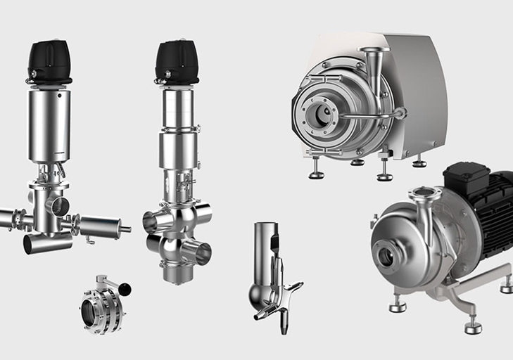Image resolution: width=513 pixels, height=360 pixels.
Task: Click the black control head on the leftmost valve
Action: pyautogui.click(x=49, y=62)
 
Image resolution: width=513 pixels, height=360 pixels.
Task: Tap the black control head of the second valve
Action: pyautogui.click(x=176, y=62)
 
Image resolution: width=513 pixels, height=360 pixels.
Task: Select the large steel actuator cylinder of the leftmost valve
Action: pyautogui.click(x=49, y=125)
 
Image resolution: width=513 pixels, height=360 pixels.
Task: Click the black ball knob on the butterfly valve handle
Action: pyautogui.click(x=125, y=288)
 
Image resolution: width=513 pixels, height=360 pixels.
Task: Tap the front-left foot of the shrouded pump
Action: pyautogui.click(x=316, y=172)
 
